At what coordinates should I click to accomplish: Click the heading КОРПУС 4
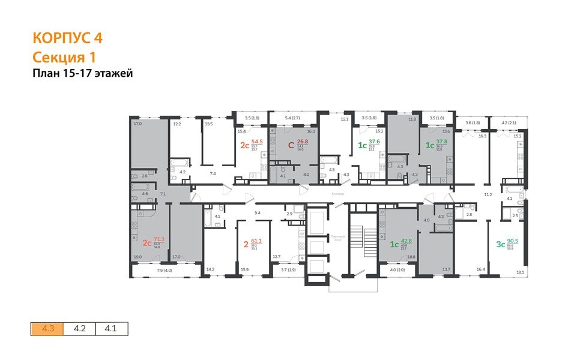(x=67, y=38)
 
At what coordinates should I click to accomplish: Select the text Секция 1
(x=64, y=58)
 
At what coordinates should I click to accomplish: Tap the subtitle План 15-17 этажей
(x=82, y=74)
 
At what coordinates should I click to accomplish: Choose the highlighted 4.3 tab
(x=47, y=329)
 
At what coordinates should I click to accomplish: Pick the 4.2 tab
(x=79, y=329)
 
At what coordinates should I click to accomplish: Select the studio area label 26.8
(x=302, y=144)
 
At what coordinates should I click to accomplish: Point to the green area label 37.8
(x=441, y=144)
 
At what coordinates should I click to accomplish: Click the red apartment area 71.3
(x=159, y=239)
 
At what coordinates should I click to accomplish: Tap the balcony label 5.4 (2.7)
(x=291, y=118)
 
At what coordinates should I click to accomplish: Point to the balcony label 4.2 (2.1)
(x=507, y=123)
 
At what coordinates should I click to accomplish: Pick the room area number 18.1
(x=519, y=272)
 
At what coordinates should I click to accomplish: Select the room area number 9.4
(x=258, y=213)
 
